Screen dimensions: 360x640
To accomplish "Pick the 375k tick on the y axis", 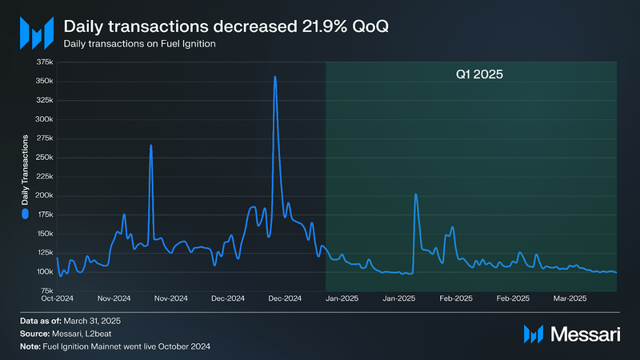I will (42, 62).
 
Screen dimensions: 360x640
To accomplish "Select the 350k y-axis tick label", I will (42, 82).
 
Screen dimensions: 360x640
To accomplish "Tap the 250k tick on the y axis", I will (42, 158).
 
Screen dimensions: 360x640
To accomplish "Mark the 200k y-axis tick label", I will (42, 196).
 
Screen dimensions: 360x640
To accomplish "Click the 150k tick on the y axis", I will (42, 234).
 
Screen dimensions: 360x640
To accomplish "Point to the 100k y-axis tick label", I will (42, 272).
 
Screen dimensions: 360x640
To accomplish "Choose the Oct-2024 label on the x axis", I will (58, 298).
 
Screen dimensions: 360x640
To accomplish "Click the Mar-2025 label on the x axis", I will (571, 298).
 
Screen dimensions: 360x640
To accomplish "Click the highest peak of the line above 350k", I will (275, 78).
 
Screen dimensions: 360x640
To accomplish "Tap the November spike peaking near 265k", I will (150, 146).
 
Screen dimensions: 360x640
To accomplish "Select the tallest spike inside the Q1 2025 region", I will (416, 194).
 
